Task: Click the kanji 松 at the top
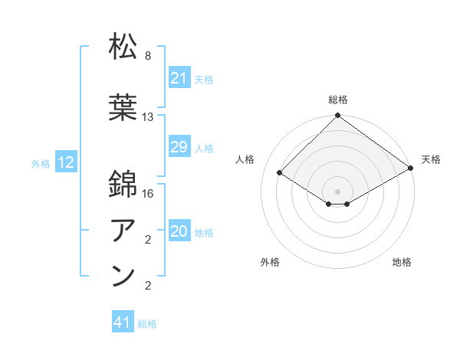point(123,47)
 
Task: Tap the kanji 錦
point(123,184)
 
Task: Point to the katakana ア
point(123,230)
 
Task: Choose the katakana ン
point(123,277)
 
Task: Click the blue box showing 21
point(179,78)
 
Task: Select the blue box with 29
point(179,147)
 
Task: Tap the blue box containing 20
point(179,232)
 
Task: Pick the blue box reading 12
point(66,162)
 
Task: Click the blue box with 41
point(123,322)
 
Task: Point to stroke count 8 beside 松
point(147,56)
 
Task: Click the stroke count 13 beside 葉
point(148,117)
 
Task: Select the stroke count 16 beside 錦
point(148,193)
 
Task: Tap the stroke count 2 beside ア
point(147,241)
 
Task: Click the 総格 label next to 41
point(147,324)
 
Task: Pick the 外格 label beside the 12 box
point(41,163)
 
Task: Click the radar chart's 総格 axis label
point(337,100)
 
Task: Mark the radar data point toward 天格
point(410,169)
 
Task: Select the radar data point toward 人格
point(280,173)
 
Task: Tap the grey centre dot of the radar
point(337,191)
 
